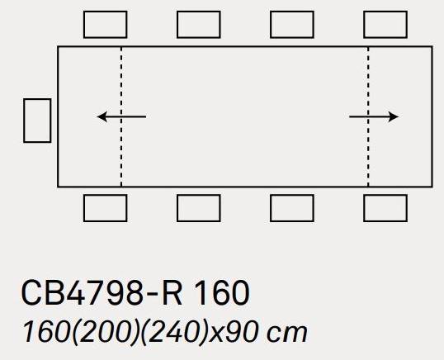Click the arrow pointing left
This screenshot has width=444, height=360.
click(x=121, y=116)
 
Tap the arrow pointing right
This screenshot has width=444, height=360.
click(x=374, y=116)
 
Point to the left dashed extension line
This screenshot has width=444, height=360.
click(x=121, y=116)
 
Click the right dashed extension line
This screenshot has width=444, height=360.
click(x=368, y=116)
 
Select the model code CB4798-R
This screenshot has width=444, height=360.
click(x=102, y=292)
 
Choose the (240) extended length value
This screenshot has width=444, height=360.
click(x=173, y=333)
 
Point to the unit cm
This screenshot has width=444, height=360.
click(x=287, y=334)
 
